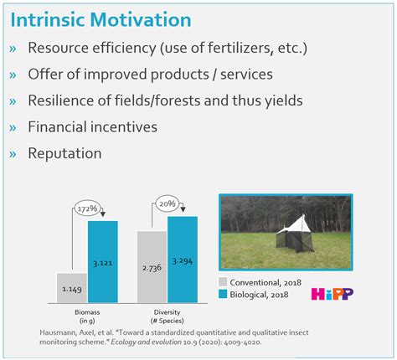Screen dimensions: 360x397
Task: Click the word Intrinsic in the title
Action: tap(49, 18)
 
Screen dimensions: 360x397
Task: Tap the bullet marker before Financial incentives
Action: tap(13, 127)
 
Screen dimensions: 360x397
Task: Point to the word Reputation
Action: tap(64, 153)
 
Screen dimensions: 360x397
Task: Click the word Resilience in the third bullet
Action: tap(64, 100)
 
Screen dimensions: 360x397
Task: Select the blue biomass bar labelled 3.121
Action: tap(103, 261)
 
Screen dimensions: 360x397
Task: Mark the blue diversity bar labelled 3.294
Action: tap(183, 259)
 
